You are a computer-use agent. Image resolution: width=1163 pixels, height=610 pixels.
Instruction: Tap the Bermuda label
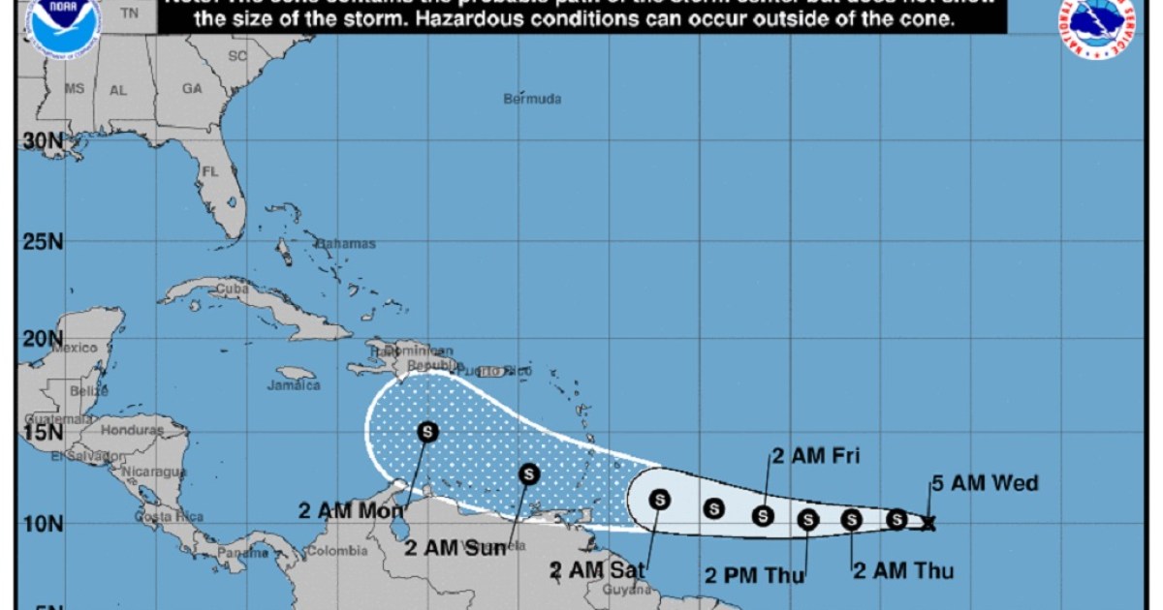click(532, 99)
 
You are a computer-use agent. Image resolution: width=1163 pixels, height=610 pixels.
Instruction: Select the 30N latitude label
click(42, 142)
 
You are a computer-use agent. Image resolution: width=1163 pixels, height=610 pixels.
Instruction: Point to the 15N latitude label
click(42, 430)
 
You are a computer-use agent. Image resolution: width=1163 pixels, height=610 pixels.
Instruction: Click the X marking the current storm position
click(928, 524)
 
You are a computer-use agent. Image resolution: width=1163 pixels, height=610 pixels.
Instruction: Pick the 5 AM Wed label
click(985, 483)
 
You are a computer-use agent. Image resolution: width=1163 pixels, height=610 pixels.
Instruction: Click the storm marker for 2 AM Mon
click(427, 432)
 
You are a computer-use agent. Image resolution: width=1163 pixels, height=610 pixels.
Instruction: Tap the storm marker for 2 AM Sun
click(528, 473)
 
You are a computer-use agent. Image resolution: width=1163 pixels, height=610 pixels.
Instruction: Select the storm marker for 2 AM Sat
click(659, 500)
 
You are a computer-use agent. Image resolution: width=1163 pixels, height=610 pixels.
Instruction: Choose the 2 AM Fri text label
click(816, 456)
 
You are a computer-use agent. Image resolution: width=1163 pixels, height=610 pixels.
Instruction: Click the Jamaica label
click(294, 385)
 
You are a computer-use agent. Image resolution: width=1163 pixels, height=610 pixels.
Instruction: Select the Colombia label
click(336, 552)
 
